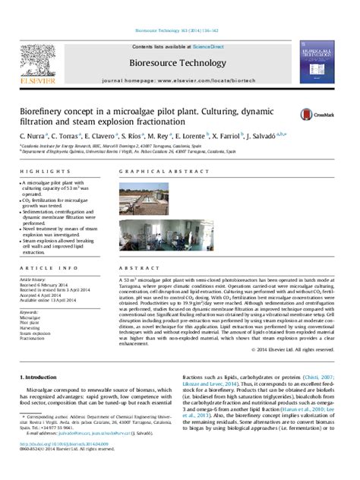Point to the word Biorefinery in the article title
(x=43, y=110)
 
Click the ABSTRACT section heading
(x=136, y=268)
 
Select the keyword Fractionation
(x=34, y=339)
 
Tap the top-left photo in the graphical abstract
(x=144, y=200)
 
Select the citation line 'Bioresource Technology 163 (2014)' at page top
(x=180, y=31)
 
